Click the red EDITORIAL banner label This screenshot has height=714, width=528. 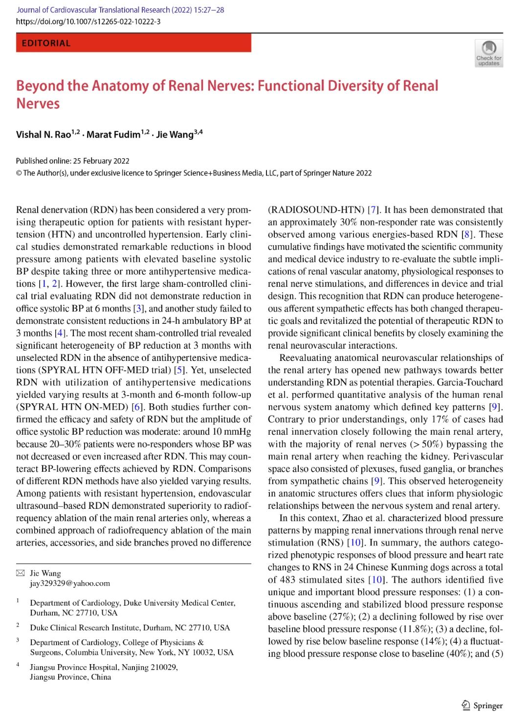(46, 43)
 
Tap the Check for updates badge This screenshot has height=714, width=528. (488, 53)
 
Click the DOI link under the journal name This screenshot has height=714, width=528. (88, 21)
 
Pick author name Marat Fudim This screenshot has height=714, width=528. (113, 135)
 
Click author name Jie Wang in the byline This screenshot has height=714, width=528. (175, 135)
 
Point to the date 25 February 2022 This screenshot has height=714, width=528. (101, 161)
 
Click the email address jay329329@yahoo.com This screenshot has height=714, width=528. (70, 583)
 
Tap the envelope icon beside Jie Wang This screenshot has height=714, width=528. (20, 573)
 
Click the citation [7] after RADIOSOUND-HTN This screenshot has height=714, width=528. (373, 210)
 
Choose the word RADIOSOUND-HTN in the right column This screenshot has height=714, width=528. (316, 210)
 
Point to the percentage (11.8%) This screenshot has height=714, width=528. (415, 629)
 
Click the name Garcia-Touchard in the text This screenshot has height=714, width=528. (470, 382)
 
